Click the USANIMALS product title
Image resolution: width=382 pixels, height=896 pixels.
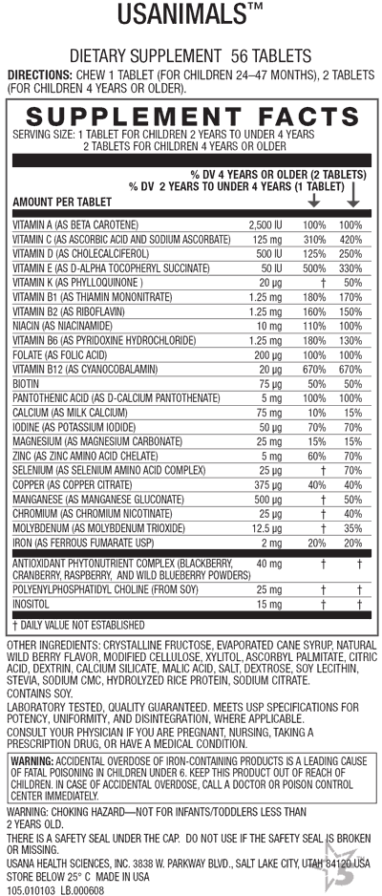click(190, 16)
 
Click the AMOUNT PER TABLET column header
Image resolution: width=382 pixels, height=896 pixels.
click(61, 203)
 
